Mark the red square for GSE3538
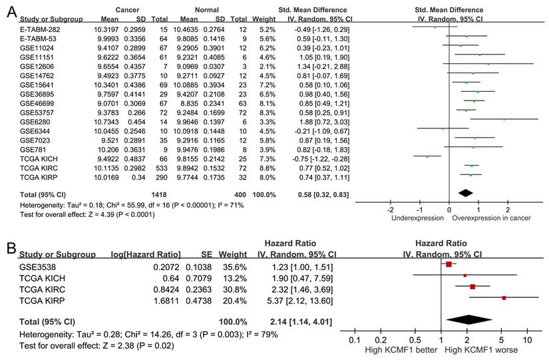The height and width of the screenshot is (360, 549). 449,264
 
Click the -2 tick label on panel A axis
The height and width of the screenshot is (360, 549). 391,209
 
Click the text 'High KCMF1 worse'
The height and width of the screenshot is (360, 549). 480,350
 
